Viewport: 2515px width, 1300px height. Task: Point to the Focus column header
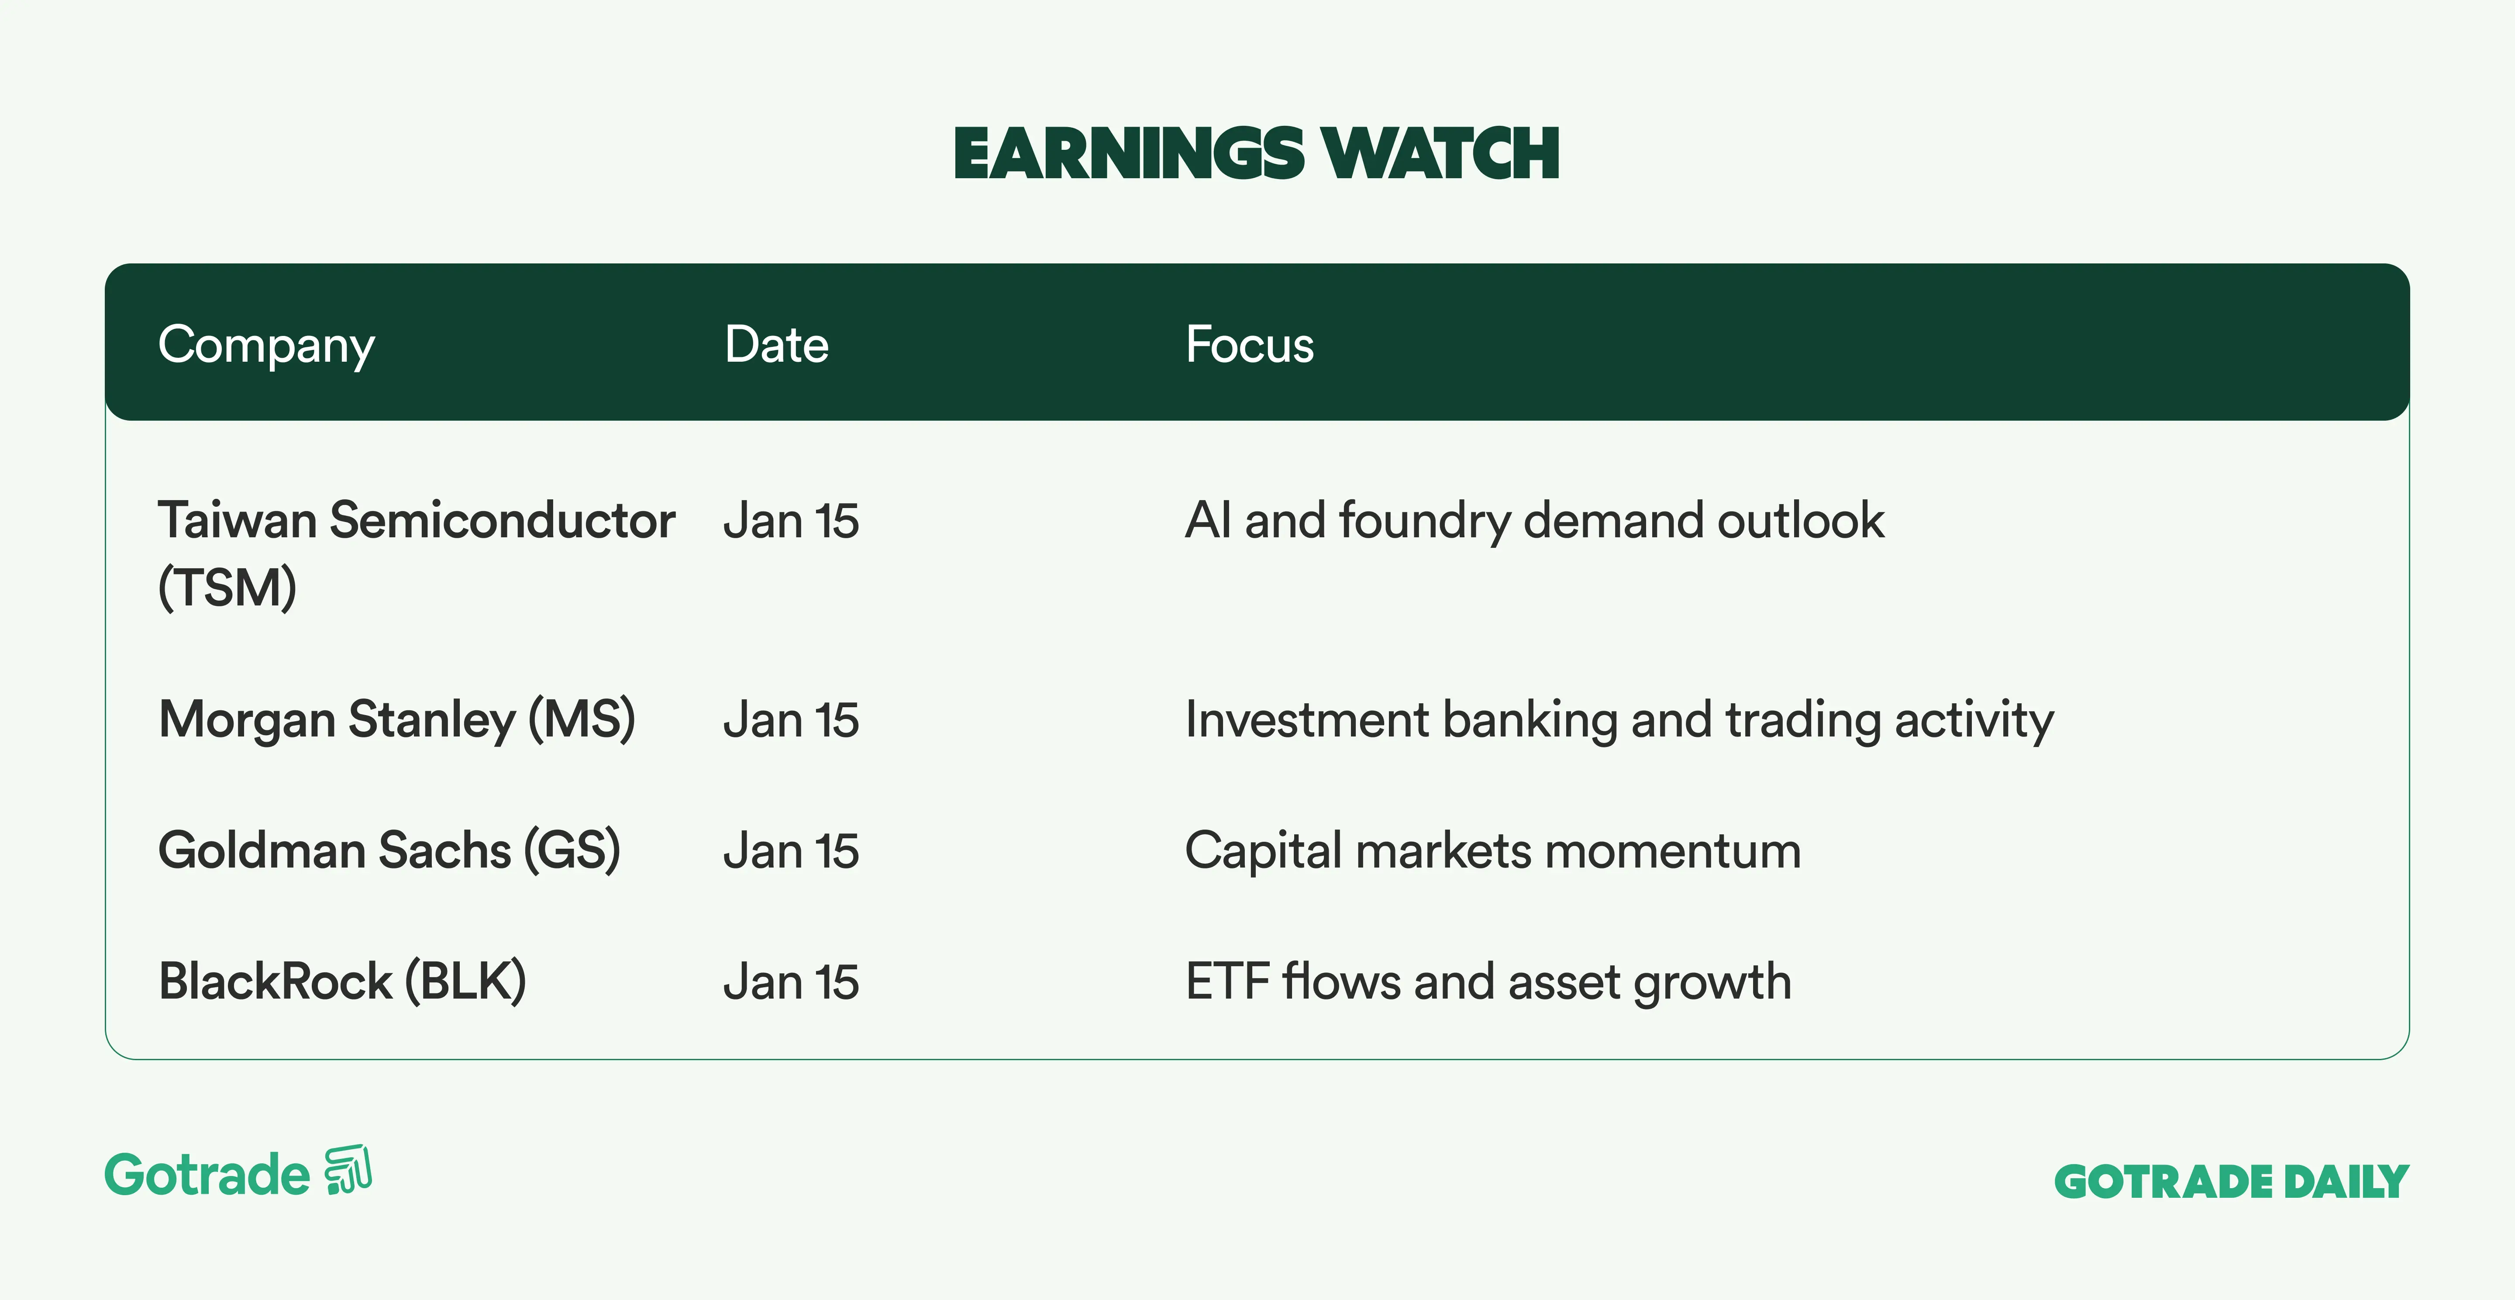coord(1250,345)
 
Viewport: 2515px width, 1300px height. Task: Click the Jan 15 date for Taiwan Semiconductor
coord(791,521)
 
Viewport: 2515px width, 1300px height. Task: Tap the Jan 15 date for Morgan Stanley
coord(791,720)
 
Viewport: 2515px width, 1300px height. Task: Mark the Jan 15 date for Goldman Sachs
coord(791,851)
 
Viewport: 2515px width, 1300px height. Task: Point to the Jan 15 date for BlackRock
coord(791,982)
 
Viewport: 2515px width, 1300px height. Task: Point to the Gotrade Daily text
coord(2232,1182)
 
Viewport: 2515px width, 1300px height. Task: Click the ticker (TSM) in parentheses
coord(227,588)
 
